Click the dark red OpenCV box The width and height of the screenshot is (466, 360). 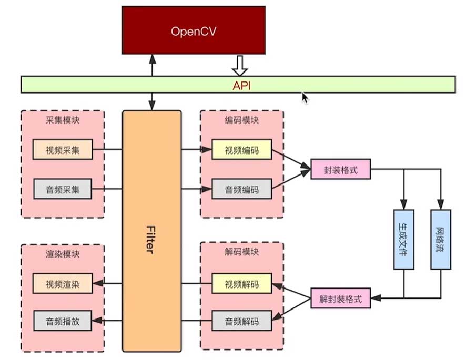coord(194,30)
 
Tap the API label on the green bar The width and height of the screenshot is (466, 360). coord(242,85)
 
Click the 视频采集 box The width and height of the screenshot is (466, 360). coord(63,150)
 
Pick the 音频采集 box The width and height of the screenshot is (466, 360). coord(63,189)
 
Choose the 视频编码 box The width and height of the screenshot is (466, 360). coord(242,150)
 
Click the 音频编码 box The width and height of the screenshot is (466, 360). coord(242,189)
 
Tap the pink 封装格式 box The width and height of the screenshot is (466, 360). coord(341,170)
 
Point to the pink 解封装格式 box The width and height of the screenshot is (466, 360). coord(341,300)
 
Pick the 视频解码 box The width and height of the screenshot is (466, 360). coord(242,284)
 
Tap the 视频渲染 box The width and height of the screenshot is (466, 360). coord(63,284)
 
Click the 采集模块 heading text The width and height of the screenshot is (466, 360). coord(63,120)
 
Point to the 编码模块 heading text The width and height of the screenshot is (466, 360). coord(241,120)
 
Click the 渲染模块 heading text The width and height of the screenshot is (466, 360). coord(63,254)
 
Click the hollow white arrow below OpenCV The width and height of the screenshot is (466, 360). coord(240,66)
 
